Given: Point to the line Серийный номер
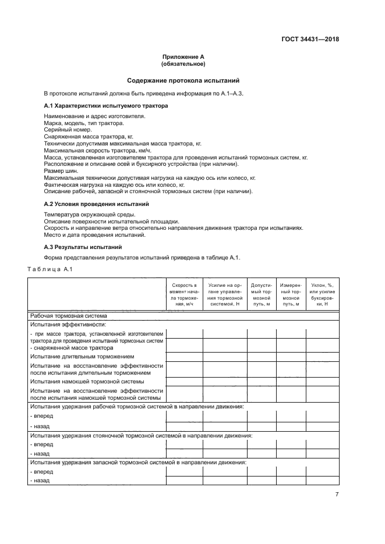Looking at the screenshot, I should point(63,130).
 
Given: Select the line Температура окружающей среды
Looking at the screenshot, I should point(83,215).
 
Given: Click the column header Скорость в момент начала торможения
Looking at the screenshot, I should point(183,294).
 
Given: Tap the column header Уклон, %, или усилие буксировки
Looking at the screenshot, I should point(322,294).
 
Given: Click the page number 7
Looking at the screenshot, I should point(337,494).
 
